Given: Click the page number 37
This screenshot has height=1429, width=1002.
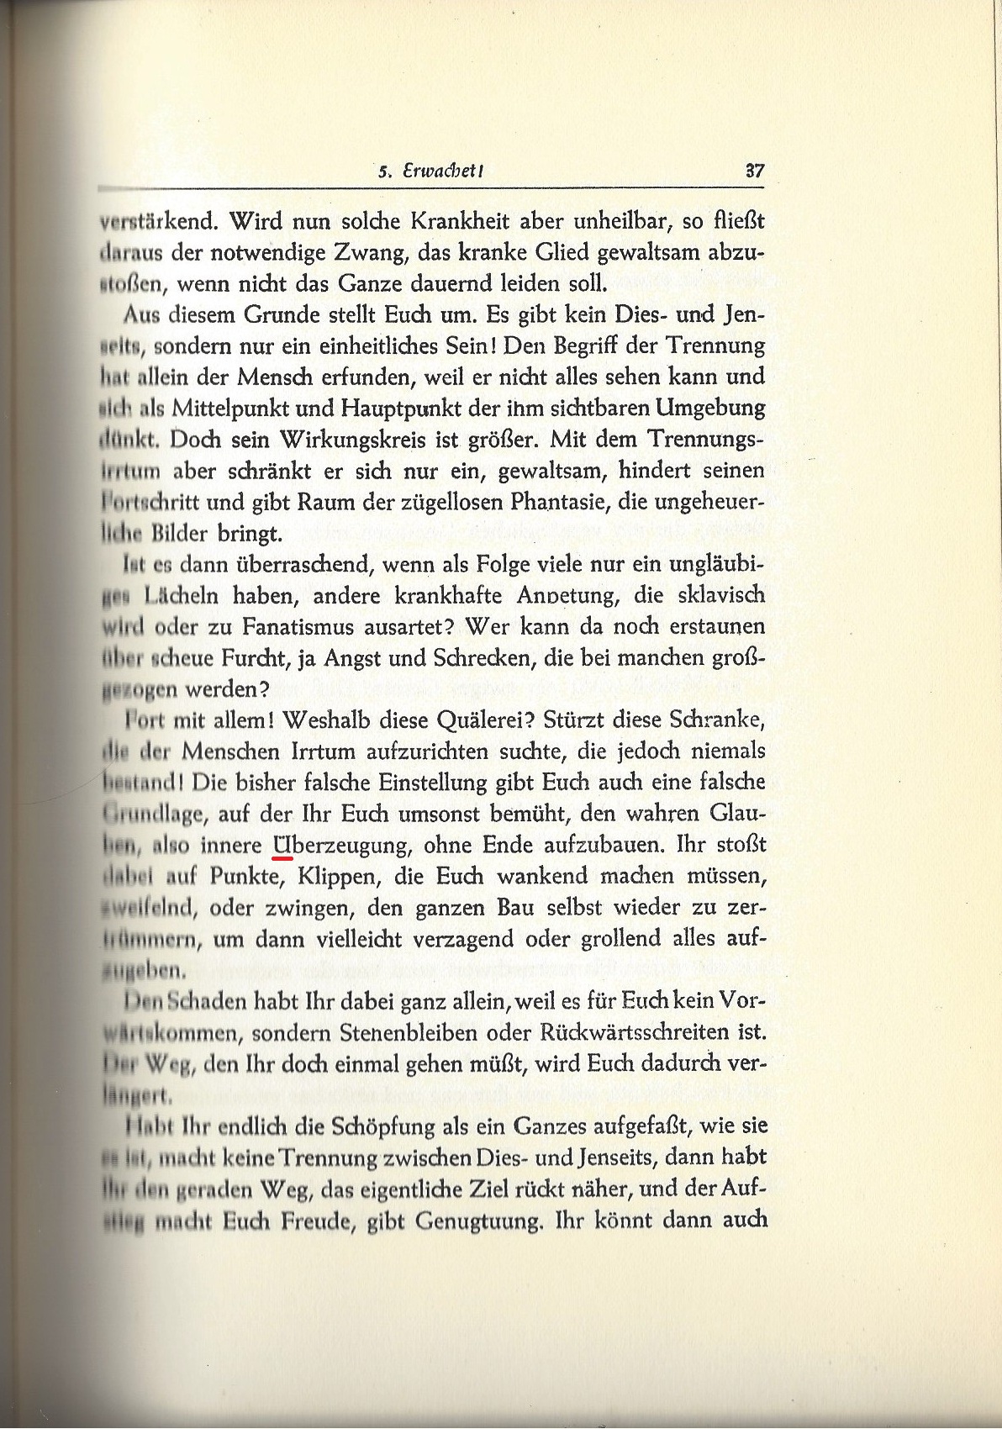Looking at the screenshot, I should (x=754, y=171).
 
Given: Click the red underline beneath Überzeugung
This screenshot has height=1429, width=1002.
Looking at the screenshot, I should (x=283, y=859).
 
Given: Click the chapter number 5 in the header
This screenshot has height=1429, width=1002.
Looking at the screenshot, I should (x=383, y=172).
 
